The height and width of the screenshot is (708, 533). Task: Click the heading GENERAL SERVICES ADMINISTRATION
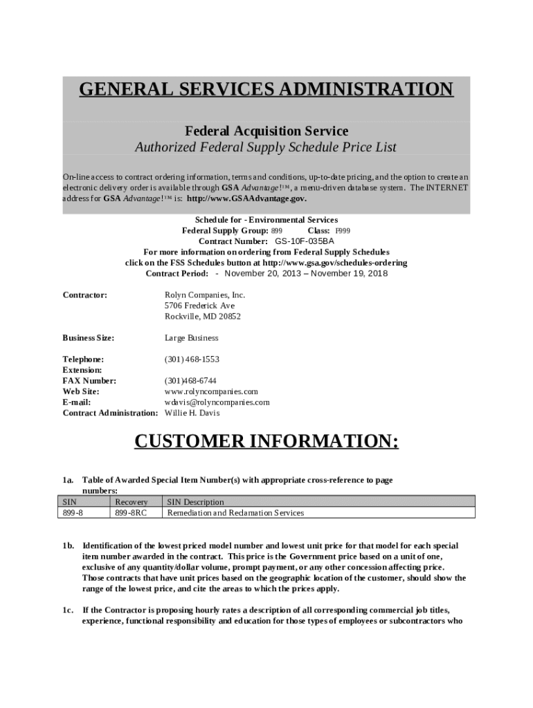click(x=266, y=90)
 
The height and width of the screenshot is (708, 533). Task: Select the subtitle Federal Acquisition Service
click(x=266, y=131)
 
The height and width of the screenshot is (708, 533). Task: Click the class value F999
click(x=343, y=230)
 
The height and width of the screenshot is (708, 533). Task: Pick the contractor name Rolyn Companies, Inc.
click(x=205, y=295)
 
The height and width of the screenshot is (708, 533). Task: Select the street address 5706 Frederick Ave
click(x=199, y=306)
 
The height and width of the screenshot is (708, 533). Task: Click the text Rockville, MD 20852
click(x=202, y=317)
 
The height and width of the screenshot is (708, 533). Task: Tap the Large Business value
click(x=191, y=338)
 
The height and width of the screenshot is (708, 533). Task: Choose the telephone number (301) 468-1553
click(x=192, y=360)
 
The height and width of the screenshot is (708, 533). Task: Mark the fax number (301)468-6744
click(x=190, y=381)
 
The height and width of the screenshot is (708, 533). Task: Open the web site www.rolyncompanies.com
click(x=211, y=391)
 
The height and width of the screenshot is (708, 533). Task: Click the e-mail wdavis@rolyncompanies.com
click(x=217, y=402)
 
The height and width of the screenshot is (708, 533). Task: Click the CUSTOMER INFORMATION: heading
click(x=266, y=442)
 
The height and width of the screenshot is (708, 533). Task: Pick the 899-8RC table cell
click(x=131, y=513)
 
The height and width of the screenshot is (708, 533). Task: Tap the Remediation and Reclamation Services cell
click(x=235, y=513)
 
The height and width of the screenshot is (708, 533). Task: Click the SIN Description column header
click(x=195, y=502)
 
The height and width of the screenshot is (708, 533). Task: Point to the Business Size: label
click(x=89, y=338)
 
